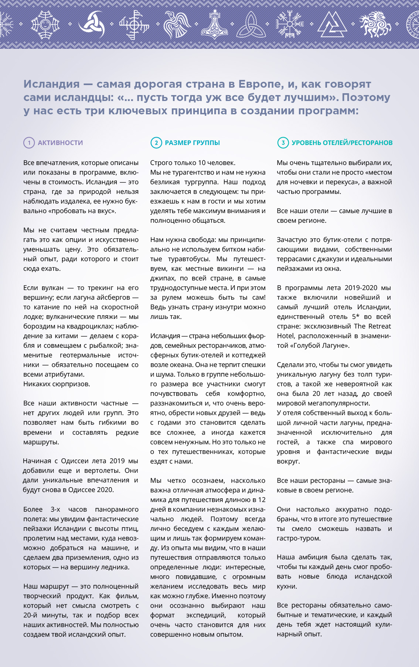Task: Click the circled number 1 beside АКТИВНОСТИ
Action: [x=29, y=143]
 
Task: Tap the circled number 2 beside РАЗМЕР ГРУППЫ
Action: [x=156, y=143]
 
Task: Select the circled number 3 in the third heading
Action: [x=283, y=143]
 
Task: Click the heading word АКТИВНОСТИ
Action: [x=60, y=143]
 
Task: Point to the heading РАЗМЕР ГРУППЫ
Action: [x=192, y=143]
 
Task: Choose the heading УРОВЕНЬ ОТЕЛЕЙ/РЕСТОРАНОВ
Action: [x=342, y=143]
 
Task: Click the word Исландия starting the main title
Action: [x=51, y=84]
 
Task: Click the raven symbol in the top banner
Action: [x=176, y=24]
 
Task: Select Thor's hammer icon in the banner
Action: [x=214, y=24]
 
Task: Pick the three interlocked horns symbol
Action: [x=91, y=24]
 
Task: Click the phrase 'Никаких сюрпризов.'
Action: [x=57, y=384]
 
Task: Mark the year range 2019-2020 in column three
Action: [x=361, y=288]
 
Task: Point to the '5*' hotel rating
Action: [x=355, y=317]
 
